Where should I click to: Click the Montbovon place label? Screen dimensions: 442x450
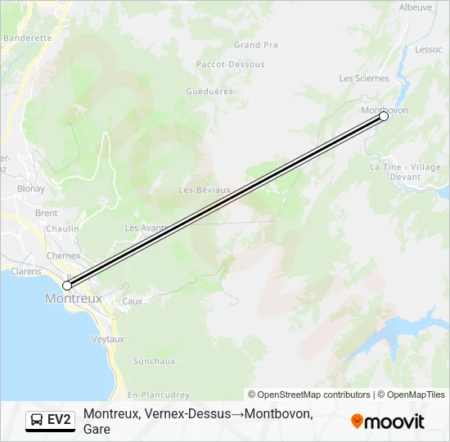tap(384, 110)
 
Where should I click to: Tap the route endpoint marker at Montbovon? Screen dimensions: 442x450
tap(384, 117)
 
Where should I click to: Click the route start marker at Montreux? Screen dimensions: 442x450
tap(67, 286)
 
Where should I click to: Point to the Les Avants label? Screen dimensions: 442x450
tap(145, 228)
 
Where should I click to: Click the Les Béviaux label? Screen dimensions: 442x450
tap(205, 190)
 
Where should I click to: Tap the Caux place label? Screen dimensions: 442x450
tap(132, 301)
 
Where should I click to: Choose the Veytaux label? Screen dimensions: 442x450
tap(108, 339)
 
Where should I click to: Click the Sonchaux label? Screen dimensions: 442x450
tap(154, 361)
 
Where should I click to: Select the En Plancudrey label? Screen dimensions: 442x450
tap(159, 395)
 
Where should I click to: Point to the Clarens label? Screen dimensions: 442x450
tap(25, 272)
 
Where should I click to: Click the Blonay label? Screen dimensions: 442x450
tap(31, 188)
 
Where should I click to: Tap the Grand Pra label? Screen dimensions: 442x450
tap(256, 45)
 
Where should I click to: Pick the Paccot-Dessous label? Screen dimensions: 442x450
tap(230, 64)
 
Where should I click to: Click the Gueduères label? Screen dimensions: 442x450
tap(209, 92)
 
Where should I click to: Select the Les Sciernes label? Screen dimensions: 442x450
tap(364, 79)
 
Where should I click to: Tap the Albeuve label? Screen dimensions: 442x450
tap(416, 7)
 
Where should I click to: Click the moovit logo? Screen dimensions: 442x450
tap(388, 422)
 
